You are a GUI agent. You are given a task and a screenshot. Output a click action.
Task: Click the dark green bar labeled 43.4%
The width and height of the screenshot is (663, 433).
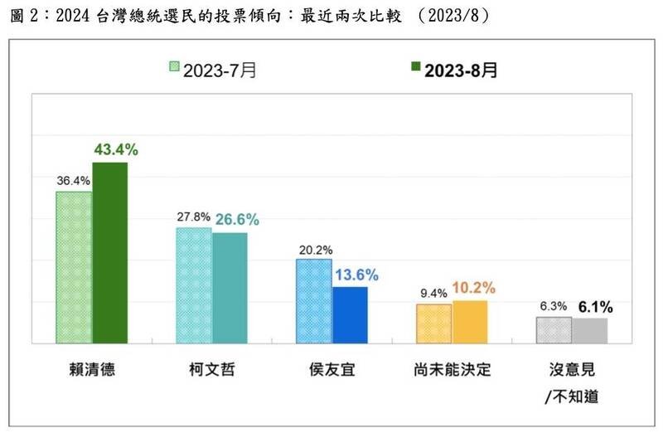click(x=109, y=252)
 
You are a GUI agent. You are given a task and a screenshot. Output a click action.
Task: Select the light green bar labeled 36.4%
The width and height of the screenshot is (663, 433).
click(x=74, y=267)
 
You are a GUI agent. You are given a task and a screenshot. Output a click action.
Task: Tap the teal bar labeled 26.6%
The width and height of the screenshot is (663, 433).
click(x=230, y=287)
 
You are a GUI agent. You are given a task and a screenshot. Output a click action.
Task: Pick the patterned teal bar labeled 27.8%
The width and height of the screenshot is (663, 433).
click(x=194, y=285)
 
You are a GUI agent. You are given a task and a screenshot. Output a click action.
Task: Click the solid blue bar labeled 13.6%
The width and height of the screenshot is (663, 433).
click(x=350, y=314)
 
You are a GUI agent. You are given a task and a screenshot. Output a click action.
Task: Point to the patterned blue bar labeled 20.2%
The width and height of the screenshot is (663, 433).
click(x=314, y=300)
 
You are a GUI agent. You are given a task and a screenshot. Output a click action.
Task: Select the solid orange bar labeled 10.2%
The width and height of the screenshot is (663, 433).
click(x=470, y=322)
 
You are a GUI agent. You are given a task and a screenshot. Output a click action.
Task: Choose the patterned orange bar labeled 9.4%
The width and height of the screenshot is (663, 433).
click(x=434, y=324)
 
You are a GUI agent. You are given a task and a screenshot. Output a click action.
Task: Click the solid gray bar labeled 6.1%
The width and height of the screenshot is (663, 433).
click(x=590, y=330)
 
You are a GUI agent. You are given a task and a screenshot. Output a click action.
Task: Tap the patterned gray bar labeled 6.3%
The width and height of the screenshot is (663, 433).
click(x=554, y=329)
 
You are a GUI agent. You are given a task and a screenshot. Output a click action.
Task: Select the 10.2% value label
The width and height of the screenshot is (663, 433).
click(x=475, y=288)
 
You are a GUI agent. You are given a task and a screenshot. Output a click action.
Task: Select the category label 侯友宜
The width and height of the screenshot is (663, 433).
click(x=331, y=369)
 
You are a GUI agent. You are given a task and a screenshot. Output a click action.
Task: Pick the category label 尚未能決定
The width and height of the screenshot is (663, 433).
click(x=451, y=369)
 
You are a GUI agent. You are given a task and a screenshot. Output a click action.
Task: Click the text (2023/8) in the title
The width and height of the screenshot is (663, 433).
click(x=452, y=16)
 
